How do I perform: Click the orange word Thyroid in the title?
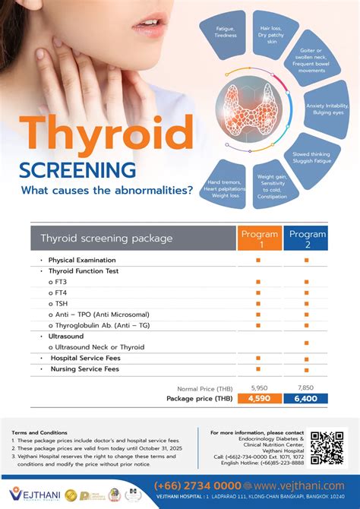click(x=107, y=136)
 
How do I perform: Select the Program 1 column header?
click(x=259, y=239)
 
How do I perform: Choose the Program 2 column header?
click(x=307, y=239)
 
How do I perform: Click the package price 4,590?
click(x=259, y=398)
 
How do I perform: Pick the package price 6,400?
click(x=307, y=398)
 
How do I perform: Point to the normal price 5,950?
click(x=259, y=387)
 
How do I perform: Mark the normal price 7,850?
click(x=307, y=387)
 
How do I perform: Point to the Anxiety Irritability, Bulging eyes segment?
click(x=326, y=109)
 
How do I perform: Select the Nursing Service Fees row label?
click(x=84, y=369)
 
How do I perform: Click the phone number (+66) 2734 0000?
click(x=197, y=485)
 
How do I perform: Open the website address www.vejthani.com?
click(x=298, y=485)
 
